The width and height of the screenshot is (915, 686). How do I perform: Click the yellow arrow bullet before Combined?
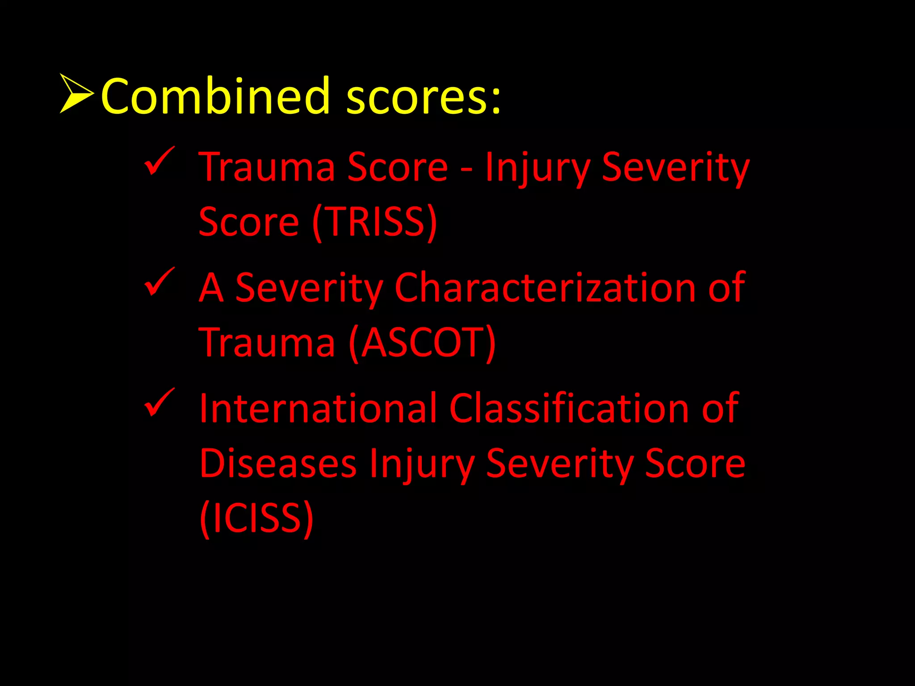click(x=76, y=94)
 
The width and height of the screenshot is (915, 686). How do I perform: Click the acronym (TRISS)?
click(x=374, y=222)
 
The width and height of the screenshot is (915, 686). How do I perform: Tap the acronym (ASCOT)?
click(x=422, y=343)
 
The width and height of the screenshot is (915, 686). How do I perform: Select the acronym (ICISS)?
click(x=256, y=518)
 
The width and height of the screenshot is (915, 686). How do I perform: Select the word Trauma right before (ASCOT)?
click(x=267, y=343)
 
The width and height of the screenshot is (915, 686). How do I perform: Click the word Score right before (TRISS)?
click(x=248, y=222)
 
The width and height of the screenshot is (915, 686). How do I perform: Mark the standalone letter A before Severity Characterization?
click(x=211, y=288)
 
